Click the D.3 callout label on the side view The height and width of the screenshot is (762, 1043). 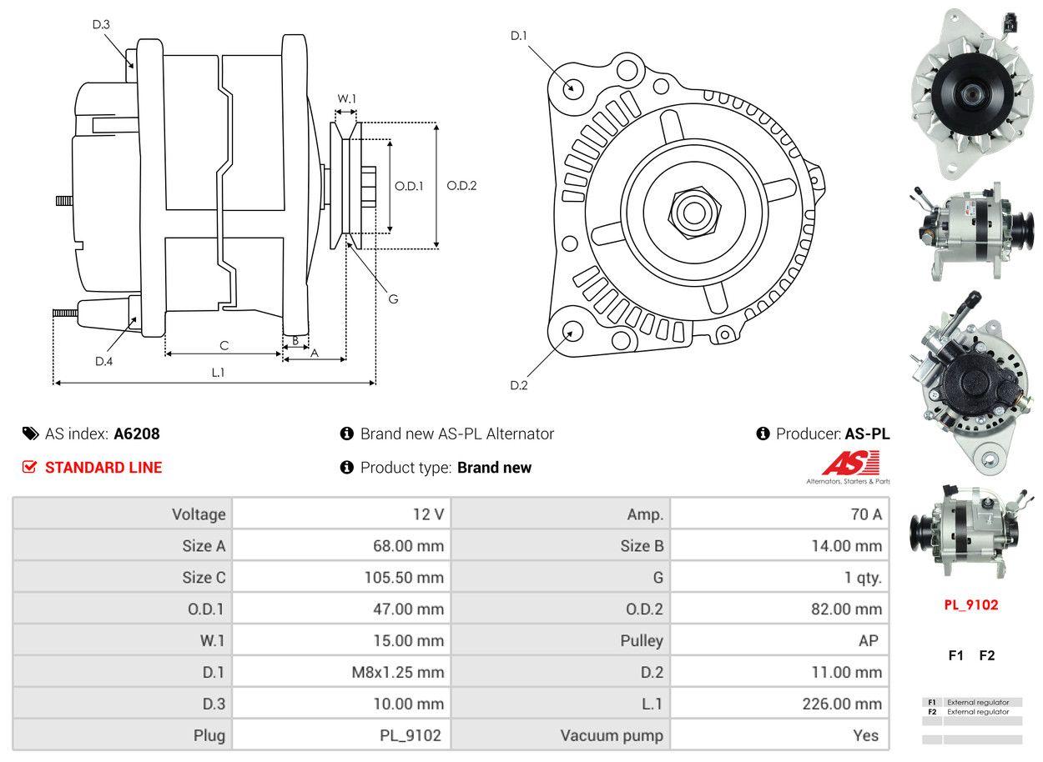coord(101,24)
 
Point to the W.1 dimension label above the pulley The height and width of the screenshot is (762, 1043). coord(346,98)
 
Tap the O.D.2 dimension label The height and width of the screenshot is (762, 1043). coord(461,185)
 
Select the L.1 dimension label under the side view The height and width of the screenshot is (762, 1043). coord(218,373)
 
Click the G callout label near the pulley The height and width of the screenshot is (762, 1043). coord(393,298)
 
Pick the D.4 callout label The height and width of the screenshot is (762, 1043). coord(103,361)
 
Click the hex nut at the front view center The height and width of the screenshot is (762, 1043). coord(692,210)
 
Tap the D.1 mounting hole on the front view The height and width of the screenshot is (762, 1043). coord(572,88)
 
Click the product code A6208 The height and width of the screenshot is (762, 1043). coord(137,434)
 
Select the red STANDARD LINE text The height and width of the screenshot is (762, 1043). coord(103,468)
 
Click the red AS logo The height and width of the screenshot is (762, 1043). coord(850,464)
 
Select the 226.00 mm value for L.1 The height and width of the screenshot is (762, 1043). coord(842,704)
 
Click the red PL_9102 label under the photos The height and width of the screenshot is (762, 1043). coord(970,605)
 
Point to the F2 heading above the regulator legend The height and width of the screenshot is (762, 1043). coord(987,655)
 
